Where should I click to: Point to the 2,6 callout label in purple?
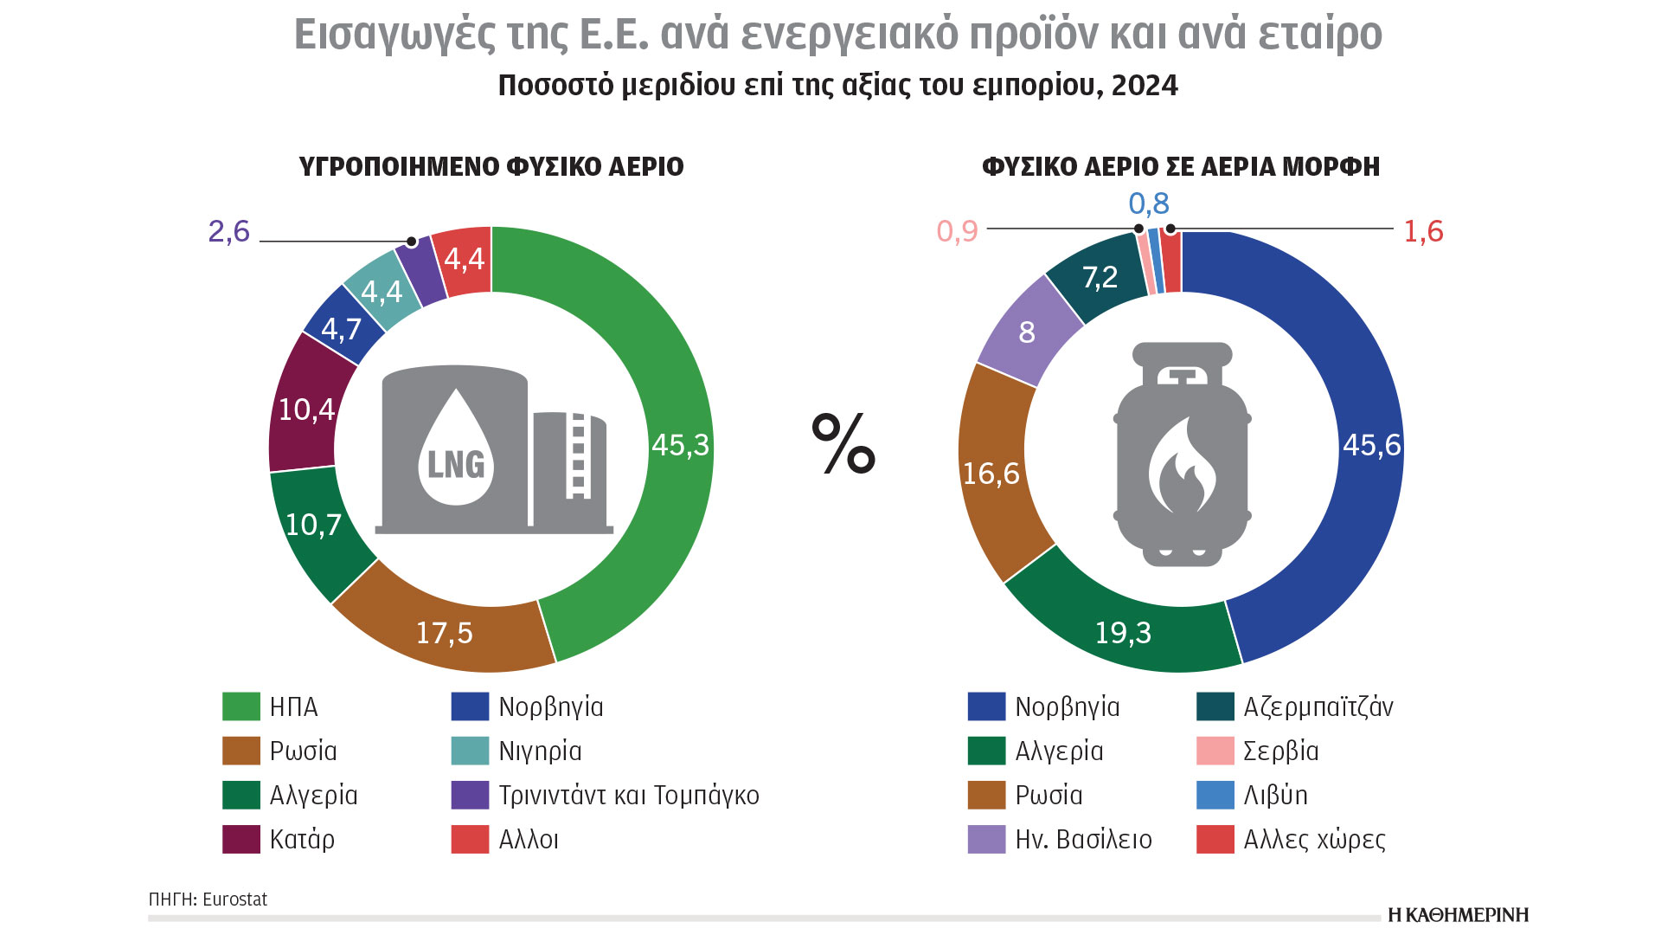pos(229,232)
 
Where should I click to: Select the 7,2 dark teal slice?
pos(1100,277)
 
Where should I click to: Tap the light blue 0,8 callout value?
pos(1149,204)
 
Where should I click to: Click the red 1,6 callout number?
pos(1423,232)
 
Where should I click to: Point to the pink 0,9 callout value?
pos(957,232)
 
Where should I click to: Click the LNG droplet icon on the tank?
pos(456,450)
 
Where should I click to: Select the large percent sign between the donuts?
pos(843,444)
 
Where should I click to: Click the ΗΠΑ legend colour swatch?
pos(241,706)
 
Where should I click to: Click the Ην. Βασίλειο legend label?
pos(1083,839)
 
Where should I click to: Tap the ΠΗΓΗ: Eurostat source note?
pos(208,900)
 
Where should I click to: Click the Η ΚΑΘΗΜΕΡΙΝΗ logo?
pos(1458,915)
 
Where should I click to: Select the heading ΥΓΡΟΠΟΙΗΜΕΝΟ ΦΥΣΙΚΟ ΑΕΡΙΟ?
pos(491,166)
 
